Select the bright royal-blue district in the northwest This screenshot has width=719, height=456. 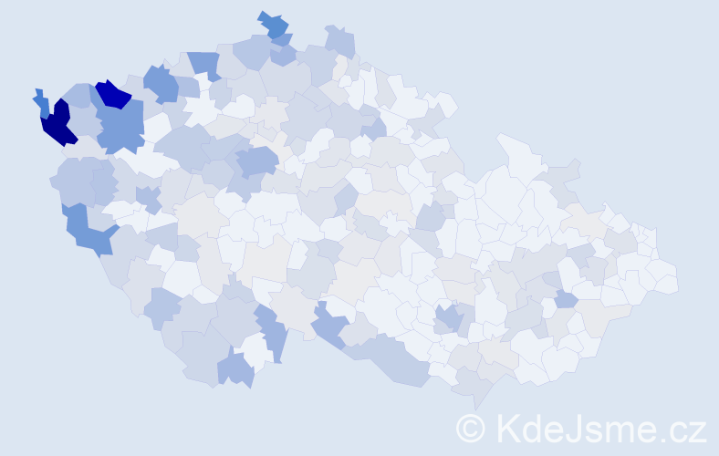(x=113, y=93)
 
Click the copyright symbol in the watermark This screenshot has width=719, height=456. (x=470, y=428)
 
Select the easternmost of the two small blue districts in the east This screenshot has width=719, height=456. (x=566, y=299)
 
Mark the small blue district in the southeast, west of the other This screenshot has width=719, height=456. (x=448, y=318)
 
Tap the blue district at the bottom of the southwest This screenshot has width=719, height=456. (x=235, y=368)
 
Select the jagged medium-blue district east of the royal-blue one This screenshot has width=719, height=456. (x=162, y=84)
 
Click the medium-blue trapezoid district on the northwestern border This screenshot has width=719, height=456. (x=205, y=65)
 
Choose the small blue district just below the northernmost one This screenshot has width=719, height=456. (x=283, y=39)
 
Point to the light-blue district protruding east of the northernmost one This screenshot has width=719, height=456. (x=339, y=41)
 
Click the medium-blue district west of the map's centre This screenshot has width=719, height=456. (x=256, y=161)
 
